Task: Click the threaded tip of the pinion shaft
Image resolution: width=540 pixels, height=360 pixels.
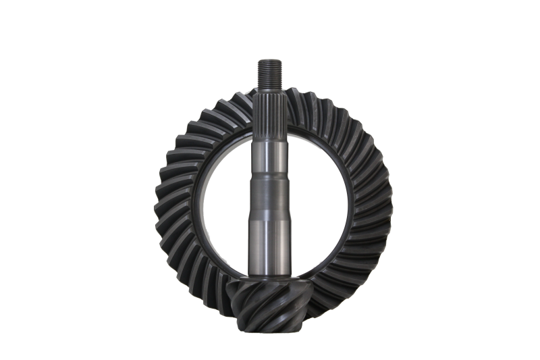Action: click(x=268, y=73)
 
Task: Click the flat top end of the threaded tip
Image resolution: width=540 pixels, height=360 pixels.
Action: click(x=268, y=61)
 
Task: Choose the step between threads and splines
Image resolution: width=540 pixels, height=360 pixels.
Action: click(x=269, y=88)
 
